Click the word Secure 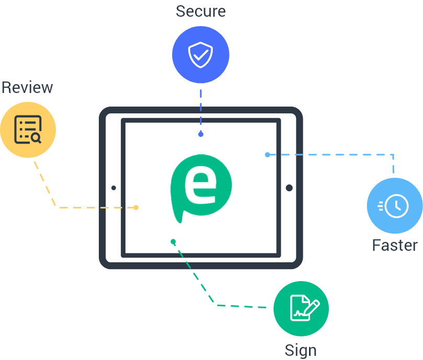coord(201,11)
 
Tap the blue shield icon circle coord(201,55)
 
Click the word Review coord(27,87)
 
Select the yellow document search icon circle coord(28,130)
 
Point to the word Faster coord(395,245)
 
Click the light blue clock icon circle coord(394,205)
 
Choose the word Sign coord(301,350)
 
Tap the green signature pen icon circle coord(301,308)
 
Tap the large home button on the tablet coord(289,188)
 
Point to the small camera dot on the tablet coord(113,188)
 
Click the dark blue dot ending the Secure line coord(201,134)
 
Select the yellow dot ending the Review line coord(136,207)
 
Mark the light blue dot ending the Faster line coord(267,155)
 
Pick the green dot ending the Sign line coord(173,241)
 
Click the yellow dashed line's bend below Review coord(56,207)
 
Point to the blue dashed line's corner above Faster coord(393,155)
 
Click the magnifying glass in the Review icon coord(36,137)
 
